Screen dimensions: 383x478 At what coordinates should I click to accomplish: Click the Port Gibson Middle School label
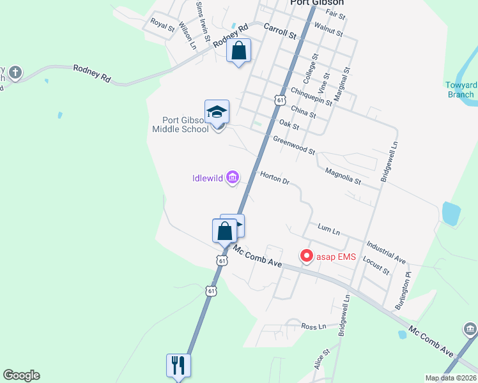pos(180,124)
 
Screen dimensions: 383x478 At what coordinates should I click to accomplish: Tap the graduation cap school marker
pos(217,112)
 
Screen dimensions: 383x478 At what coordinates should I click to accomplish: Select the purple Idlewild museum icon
pos(232,178)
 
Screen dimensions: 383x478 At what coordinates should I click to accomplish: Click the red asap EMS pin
pos(306,256)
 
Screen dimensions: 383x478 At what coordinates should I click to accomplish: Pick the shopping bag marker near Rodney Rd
pos(239,50)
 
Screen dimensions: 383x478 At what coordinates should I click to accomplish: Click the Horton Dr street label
pos(275,178)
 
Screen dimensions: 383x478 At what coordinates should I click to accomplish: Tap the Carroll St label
pos(281,30)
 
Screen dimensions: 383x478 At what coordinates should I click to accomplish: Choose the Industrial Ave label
pos(387,252)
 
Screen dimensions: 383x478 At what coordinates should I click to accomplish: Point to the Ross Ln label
pos(314,326)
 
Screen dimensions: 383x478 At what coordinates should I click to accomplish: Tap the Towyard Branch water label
pos(461,90)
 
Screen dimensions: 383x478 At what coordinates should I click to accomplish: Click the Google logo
pos(21,375)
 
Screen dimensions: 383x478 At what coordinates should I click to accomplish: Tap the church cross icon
pos(15,72)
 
